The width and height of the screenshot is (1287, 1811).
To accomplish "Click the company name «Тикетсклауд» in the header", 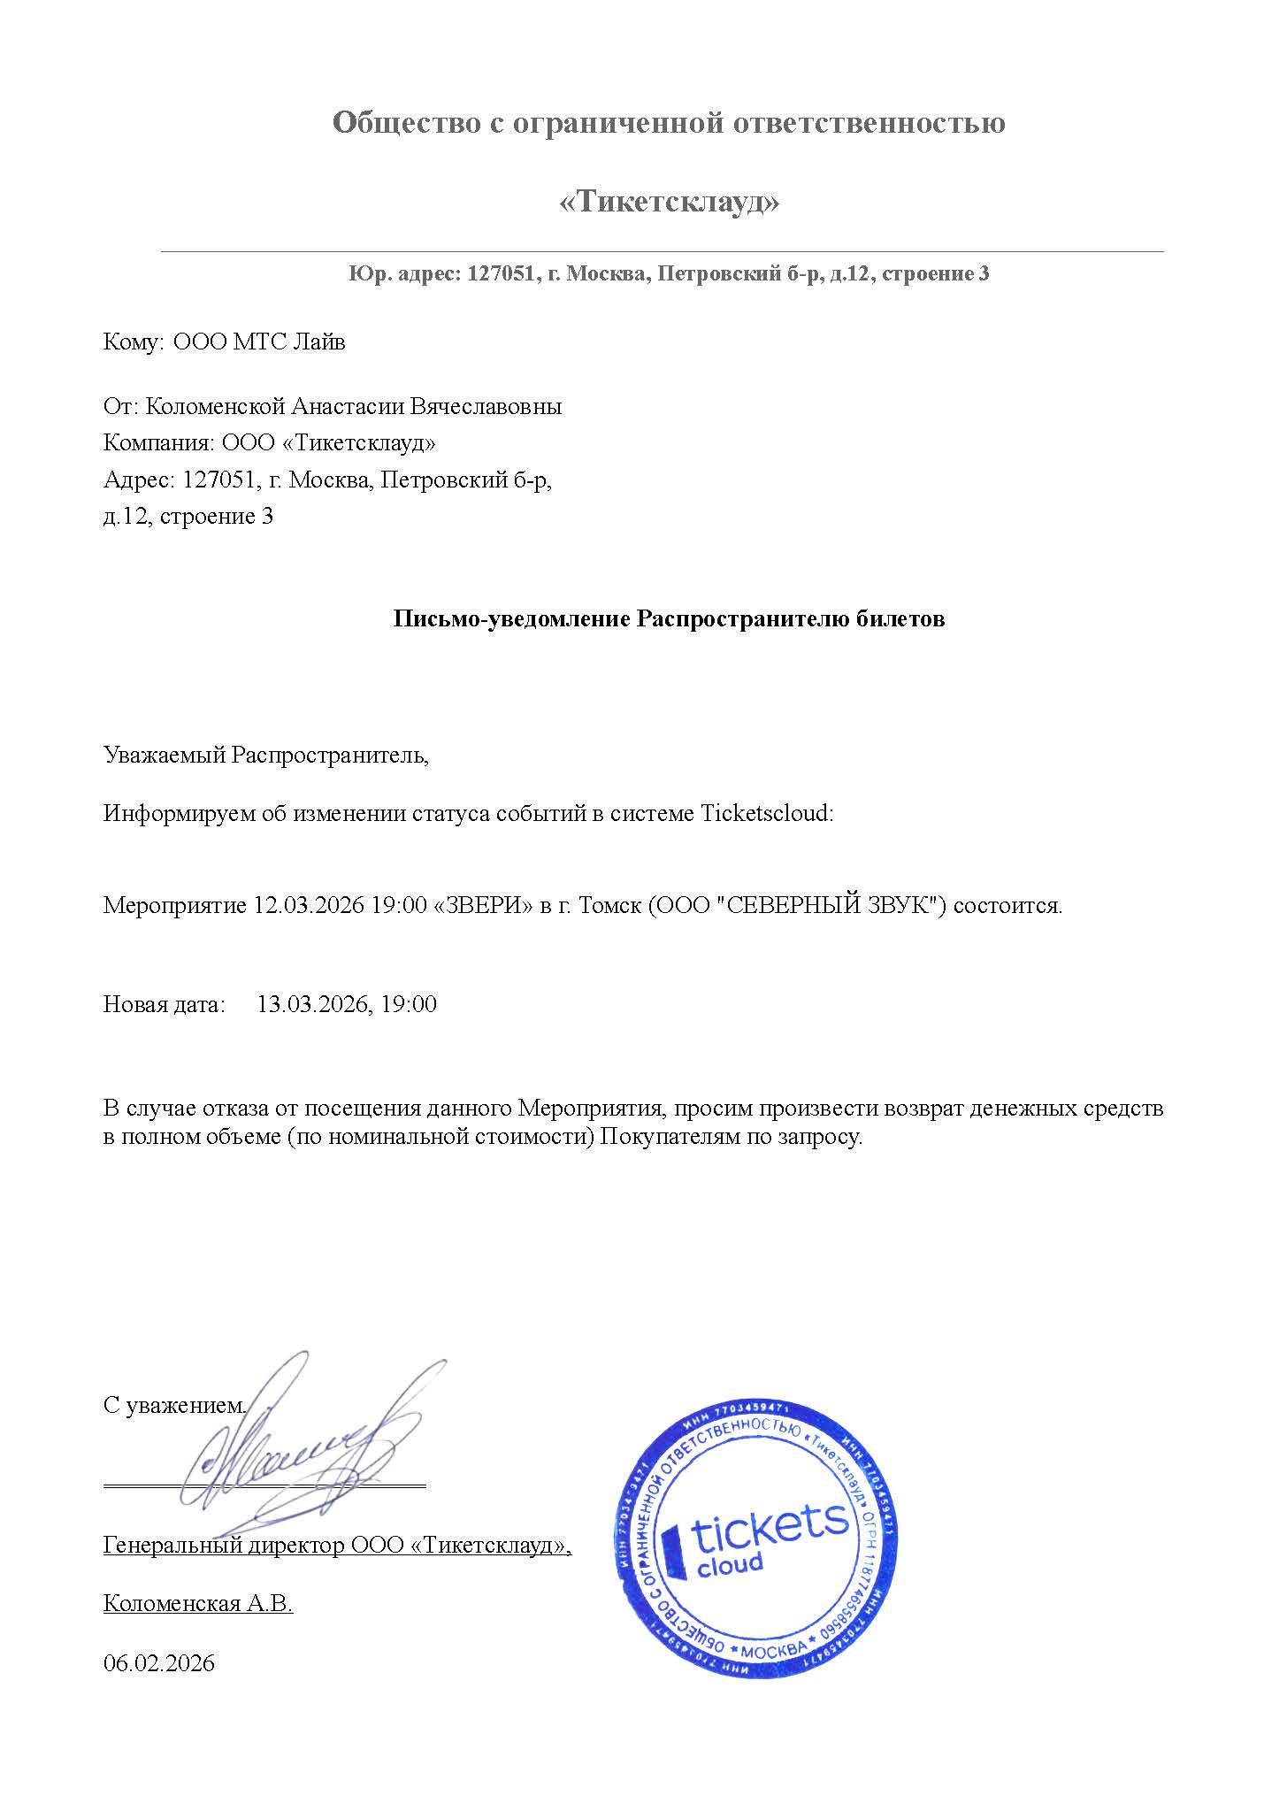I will pyautogui.click(x=670, y=203).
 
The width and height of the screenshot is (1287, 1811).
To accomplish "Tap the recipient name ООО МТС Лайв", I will pyautogui.click(x=258, y=342).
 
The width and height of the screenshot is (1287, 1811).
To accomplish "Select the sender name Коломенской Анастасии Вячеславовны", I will pyautogui.click(x=353, y=407).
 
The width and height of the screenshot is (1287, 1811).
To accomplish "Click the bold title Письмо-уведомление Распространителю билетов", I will pyautogui.click(x=669, y=618).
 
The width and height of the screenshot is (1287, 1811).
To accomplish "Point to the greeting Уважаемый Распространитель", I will pyautogui.click(x=265, y=756).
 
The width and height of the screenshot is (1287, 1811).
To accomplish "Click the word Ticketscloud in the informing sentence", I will pyautogui.click(x=765, y=813).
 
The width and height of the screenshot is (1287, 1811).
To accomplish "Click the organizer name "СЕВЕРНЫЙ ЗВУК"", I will pyautogui.click(x=825, y=906).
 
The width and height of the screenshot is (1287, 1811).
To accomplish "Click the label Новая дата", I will pyautogui.click(x=165, y=1004).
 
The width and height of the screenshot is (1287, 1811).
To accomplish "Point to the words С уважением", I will pyautogui.click(x=173, y=1406).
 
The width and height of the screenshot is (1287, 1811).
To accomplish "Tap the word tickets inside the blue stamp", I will pyautogui.click(x=769, y=1530).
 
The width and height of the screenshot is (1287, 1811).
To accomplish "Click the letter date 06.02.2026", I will pyautogui.click(x=159, y=1663).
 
